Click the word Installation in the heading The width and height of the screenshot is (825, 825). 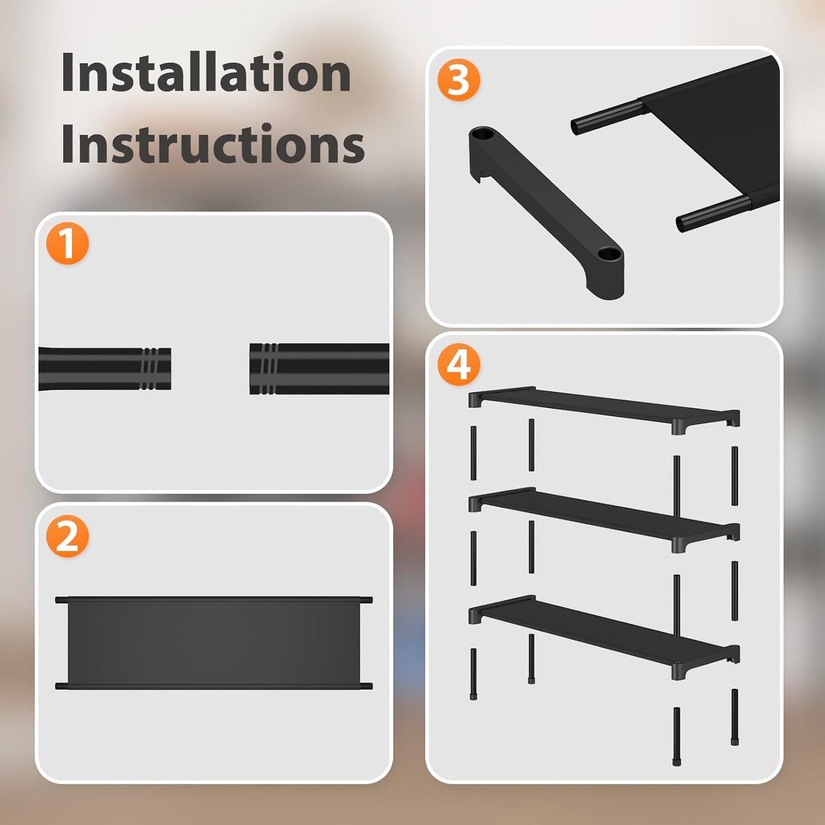[x=206, y=73]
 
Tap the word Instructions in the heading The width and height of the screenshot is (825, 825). [x=212, y=144]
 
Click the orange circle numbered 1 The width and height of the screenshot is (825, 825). [x=67, y=244]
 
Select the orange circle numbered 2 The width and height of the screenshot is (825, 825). [x=67, y=537]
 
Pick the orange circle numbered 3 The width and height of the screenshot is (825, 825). [x=458, y=81]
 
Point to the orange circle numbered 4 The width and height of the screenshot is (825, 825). [x=458, y=365]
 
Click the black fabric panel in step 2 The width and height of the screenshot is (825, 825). [x=214, y=643]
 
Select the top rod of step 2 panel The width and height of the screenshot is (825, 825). [x=214, y=600]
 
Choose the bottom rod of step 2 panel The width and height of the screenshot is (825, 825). [x=214, y=686]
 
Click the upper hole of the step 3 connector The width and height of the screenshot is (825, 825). [x=483, y=135]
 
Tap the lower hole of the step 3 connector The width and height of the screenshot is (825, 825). [x=609, y=252]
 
